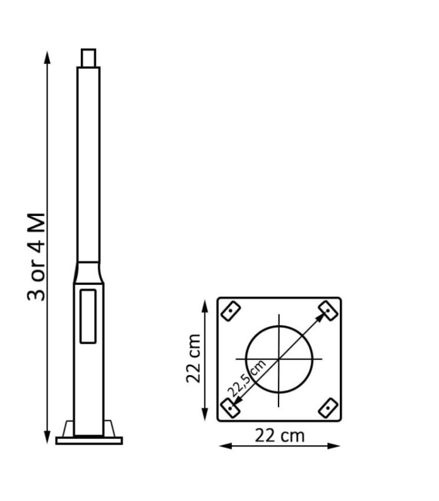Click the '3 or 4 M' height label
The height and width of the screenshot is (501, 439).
click(x=37, y=257)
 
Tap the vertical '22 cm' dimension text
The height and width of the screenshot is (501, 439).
click(x=195, y=358)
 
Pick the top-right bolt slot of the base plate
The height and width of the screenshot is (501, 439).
click(x=327, y=309)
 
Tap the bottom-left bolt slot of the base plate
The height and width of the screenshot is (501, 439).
click(x=231, y=408)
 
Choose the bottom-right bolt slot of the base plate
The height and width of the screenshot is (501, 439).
click(x=327, y=409)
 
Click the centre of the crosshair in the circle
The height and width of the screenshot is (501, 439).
click(x=279, y=359)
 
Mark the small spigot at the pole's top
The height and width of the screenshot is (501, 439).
click(x=88, y=58)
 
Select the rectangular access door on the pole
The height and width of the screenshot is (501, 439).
click(x=88, y=315)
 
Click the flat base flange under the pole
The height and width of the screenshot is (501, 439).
click(x=88, y=440)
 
